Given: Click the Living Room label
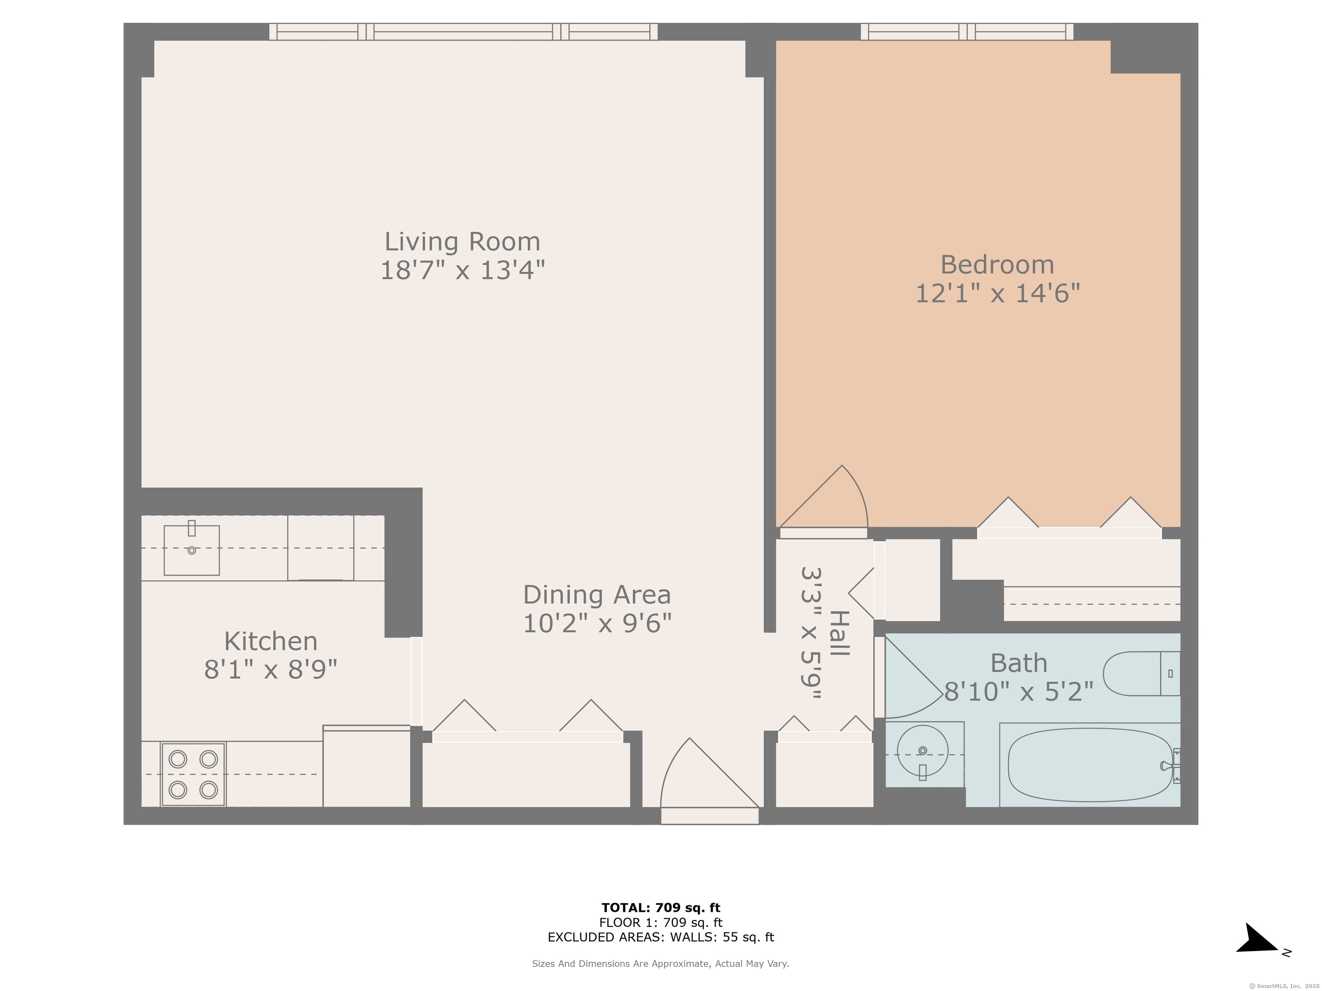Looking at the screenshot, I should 462,242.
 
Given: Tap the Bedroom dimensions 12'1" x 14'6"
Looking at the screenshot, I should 998,293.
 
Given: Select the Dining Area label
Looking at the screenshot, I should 596,595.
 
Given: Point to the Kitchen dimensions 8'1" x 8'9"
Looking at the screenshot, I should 271,670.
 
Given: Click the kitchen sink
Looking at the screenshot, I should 191,550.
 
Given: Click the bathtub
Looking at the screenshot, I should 1090,765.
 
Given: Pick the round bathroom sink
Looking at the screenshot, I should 923,751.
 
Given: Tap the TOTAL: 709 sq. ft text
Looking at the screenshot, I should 661,908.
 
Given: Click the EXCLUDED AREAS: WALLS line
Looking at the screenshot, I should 661,937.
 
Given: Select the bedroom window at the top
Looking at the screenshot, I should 967,32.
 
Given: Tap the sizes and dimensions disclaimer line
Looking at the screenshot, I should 661,963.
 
